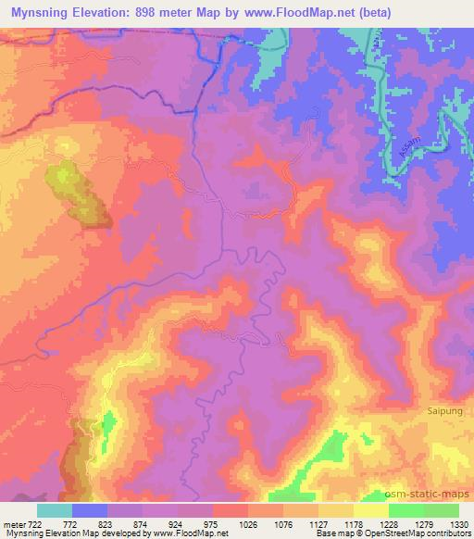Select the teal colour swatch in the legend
[x=55, y=510]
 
